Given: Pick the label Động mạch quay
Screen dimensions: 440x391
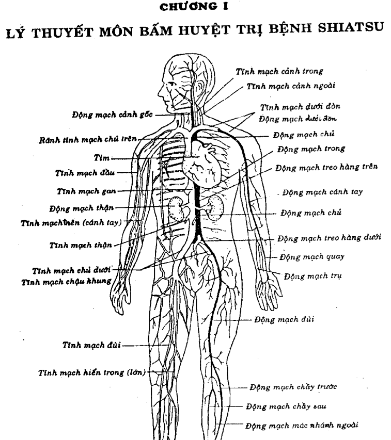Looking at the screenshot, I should coord(312,256).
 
